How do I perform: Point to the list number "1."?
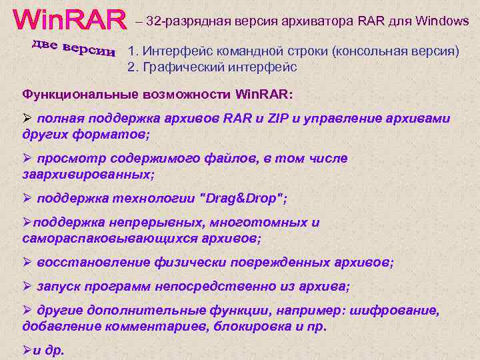pyautogui.click(x=133, y=51)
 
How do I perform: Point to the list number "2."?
pyautogui.click(x=133, y=67)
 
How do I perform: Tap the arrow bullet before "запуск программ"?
pyautogui.click(x=27, y=286)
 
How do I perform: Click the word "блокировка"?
pyautogui.click(x=254, y=326)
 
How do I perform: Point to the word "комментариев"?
pyautogui.click(x=149, y=326)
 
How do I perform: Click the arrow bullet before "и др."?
pyautogui.click(x=27, y=350)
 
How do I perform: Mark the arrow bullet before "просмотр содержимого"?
pyautogui.click(x=27, y=159)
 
